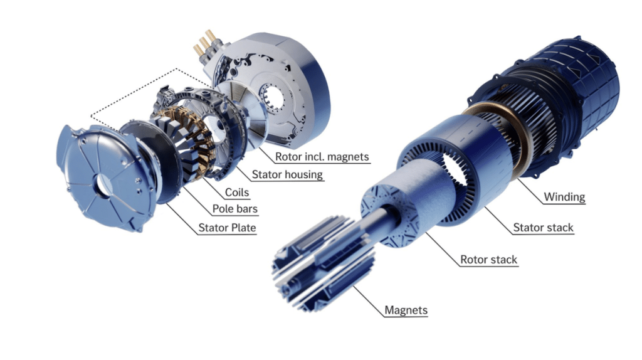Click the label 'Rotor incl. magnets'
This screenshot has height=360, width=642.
(x=322, y=156)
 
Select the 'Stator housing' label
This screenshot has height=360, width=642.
(x=287, y=174)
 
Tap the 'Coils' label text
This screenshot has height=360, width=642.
(x=236, y=192)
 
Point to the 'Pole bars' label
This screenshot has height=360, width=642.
(x=234, y=209)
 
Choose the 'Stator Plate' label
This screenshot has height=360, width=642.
(x=227, y=227)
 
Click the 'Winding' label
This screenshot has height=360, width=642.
(x=564, y=197)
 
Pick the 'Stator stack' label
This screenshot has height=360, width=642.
(x=543, y=227)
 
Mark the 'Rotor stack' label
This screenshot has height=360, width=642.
(x=488, y=259)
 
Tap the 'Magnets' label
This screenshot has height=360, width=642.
(x=406, y=310)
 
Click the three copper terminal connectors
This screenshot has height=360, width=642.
(x=205, y=44)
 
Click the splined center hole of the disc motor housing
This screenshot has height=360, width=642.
(x=271, y=98)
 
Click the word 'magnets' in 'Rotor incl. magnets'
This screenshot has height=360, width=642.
(x=349, y=157)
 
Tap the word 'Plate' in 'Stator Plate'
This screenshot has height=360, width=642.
(x=244, y=227)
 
